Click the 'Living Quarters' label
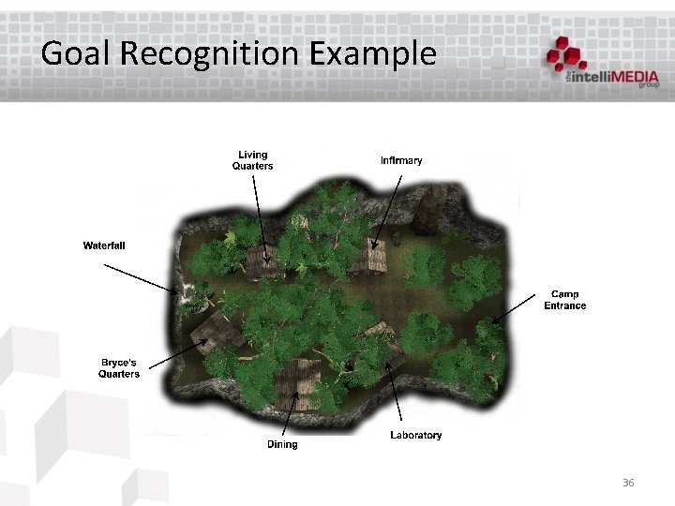tap(252, 160)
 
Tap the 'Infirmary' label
tap(401, 160)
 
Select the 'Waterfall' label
tap(104, 246)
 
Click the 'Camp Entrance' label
tap(564, 300)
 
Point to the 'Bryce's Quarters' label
tap(119, 368)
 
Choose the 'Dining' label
tap(282, 444)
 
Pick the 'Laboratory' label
tap(415, 435)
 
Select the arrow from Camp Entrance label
tap(517, 307)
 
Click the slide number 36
tap(628, 483)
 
